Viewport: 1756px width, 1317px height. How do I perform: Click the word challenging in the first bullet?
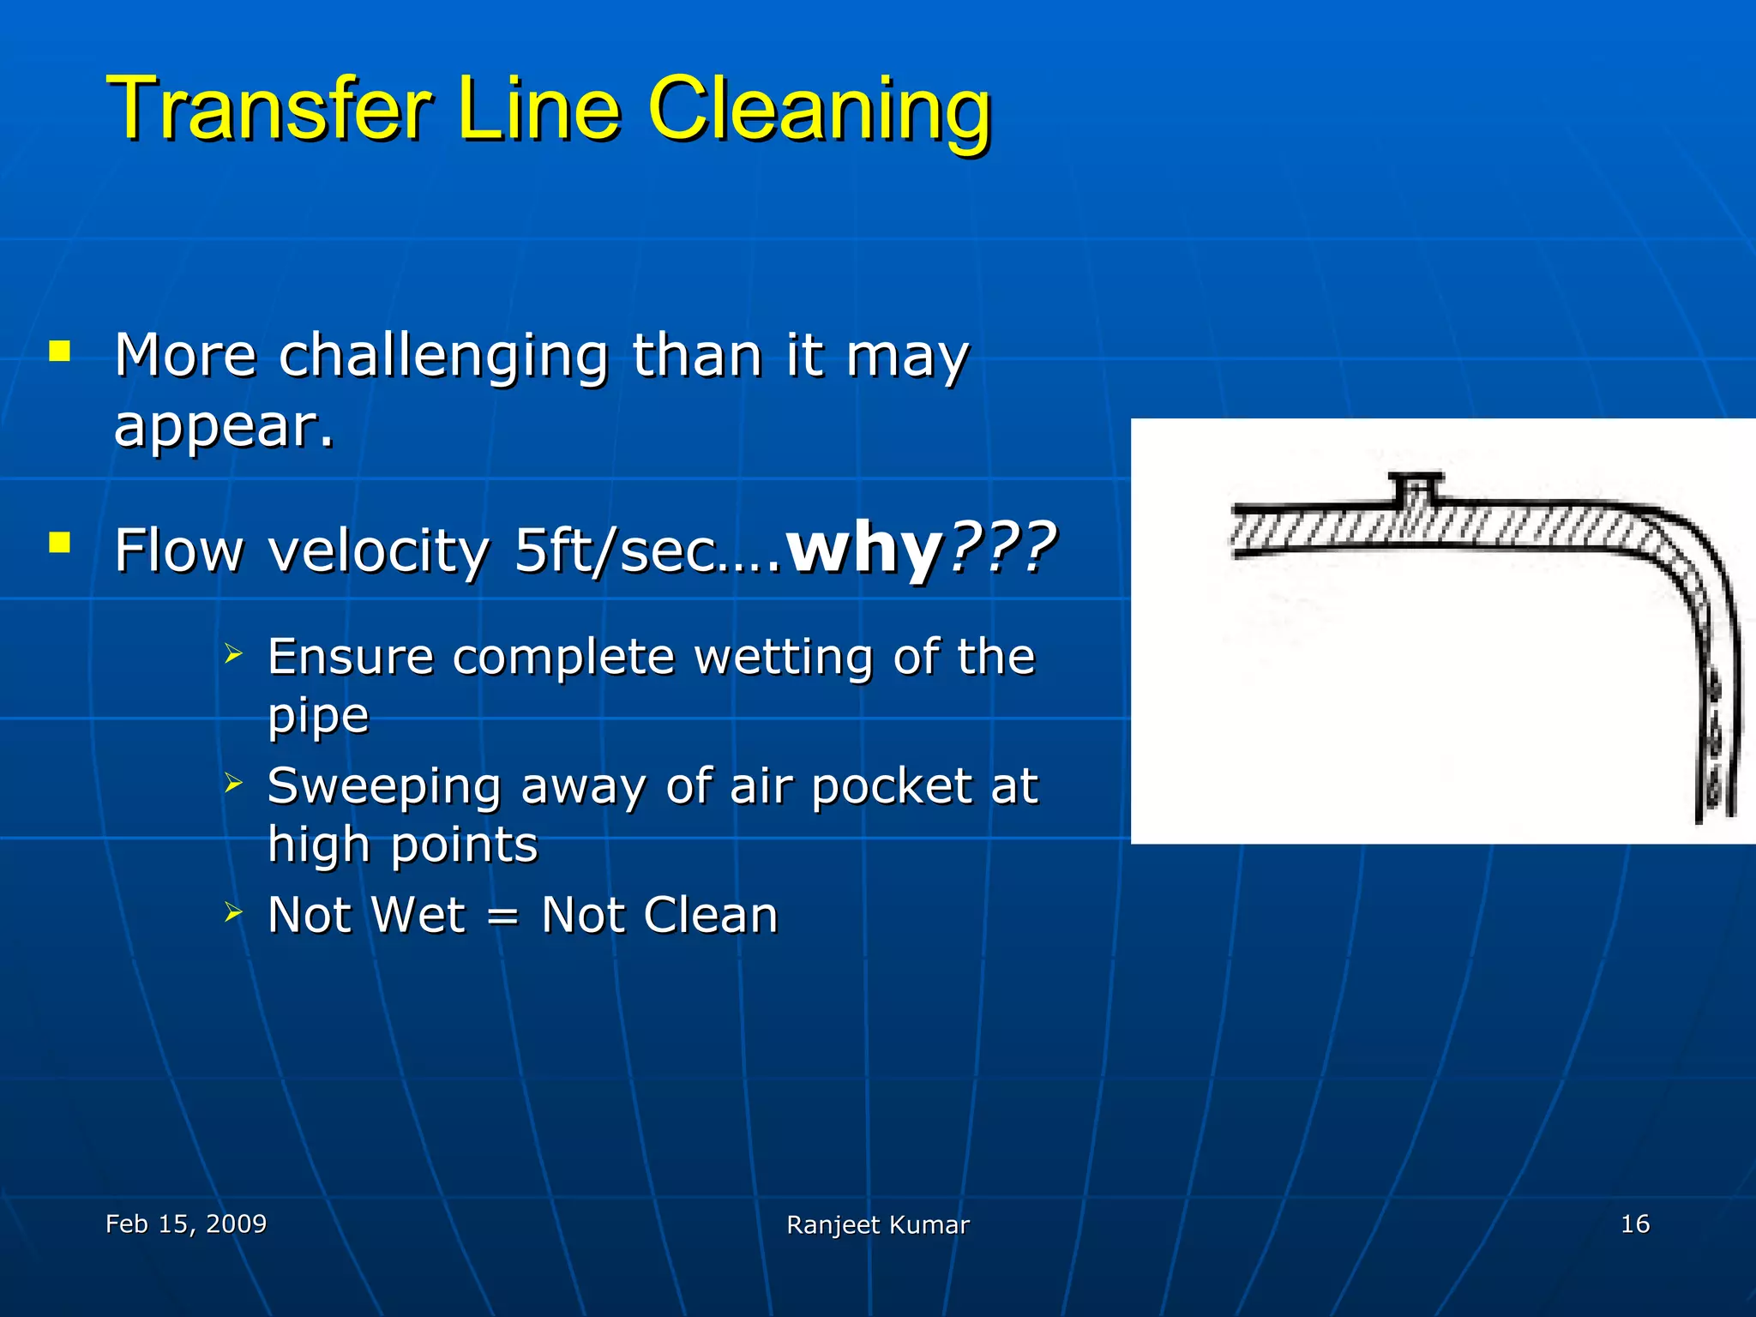[x=442, y=356]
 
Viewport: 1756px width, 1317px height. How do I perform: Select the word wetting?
[x=786, y=657]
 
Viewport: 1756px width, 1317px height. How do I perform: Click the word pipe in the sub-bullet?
[x=318, y=716]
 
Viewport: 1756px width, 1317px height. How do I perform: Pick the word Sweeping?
[x=384, y=785]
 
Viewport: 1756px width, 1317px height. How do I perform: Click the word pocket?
[x=892, y=785]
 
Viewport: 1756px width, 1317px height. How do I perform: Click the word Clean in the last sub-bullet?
[x=710, y=915]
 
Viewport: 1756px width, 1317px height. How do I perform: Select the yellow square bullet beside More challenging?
[x=59, y=351]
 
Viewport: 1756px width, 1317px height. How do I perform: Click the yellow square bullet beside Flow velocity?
[x=59, y=543]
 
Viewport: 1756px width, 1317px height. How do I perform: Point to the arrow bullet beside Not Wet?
[x=233, y=912]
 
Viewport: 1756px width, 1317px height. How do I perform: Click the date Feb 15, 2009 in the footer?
[x=186, y=1224]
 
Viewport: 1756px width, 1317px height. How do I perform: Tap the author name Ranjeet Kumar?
[x=877, y=1225]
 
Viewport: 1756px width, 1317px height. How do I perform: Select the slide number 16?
[x=1634, y=1224]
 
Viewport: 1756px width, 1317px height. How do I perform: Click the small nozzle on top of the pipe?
[x=1416, y=487]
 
